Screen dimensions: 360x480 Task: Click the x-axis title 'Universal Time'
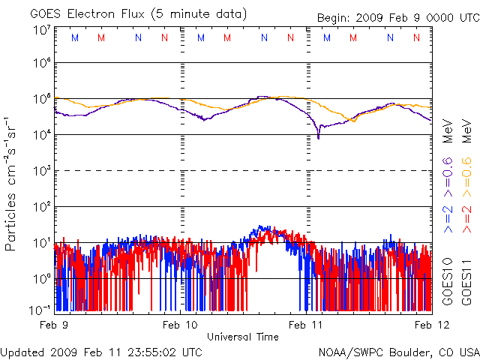point(243,337)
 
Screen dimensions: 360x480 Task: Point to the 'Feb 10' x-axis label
point(180,325)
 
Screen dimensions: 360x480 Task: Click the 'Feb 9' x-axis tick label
point(55,325)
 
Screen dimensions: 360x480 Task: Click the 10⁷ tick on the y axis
point(41,31)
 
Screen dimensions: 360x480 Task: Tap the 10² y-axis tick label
point(41,206)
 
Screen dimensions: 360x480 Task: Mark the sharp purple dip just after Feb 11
point(318,137)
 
